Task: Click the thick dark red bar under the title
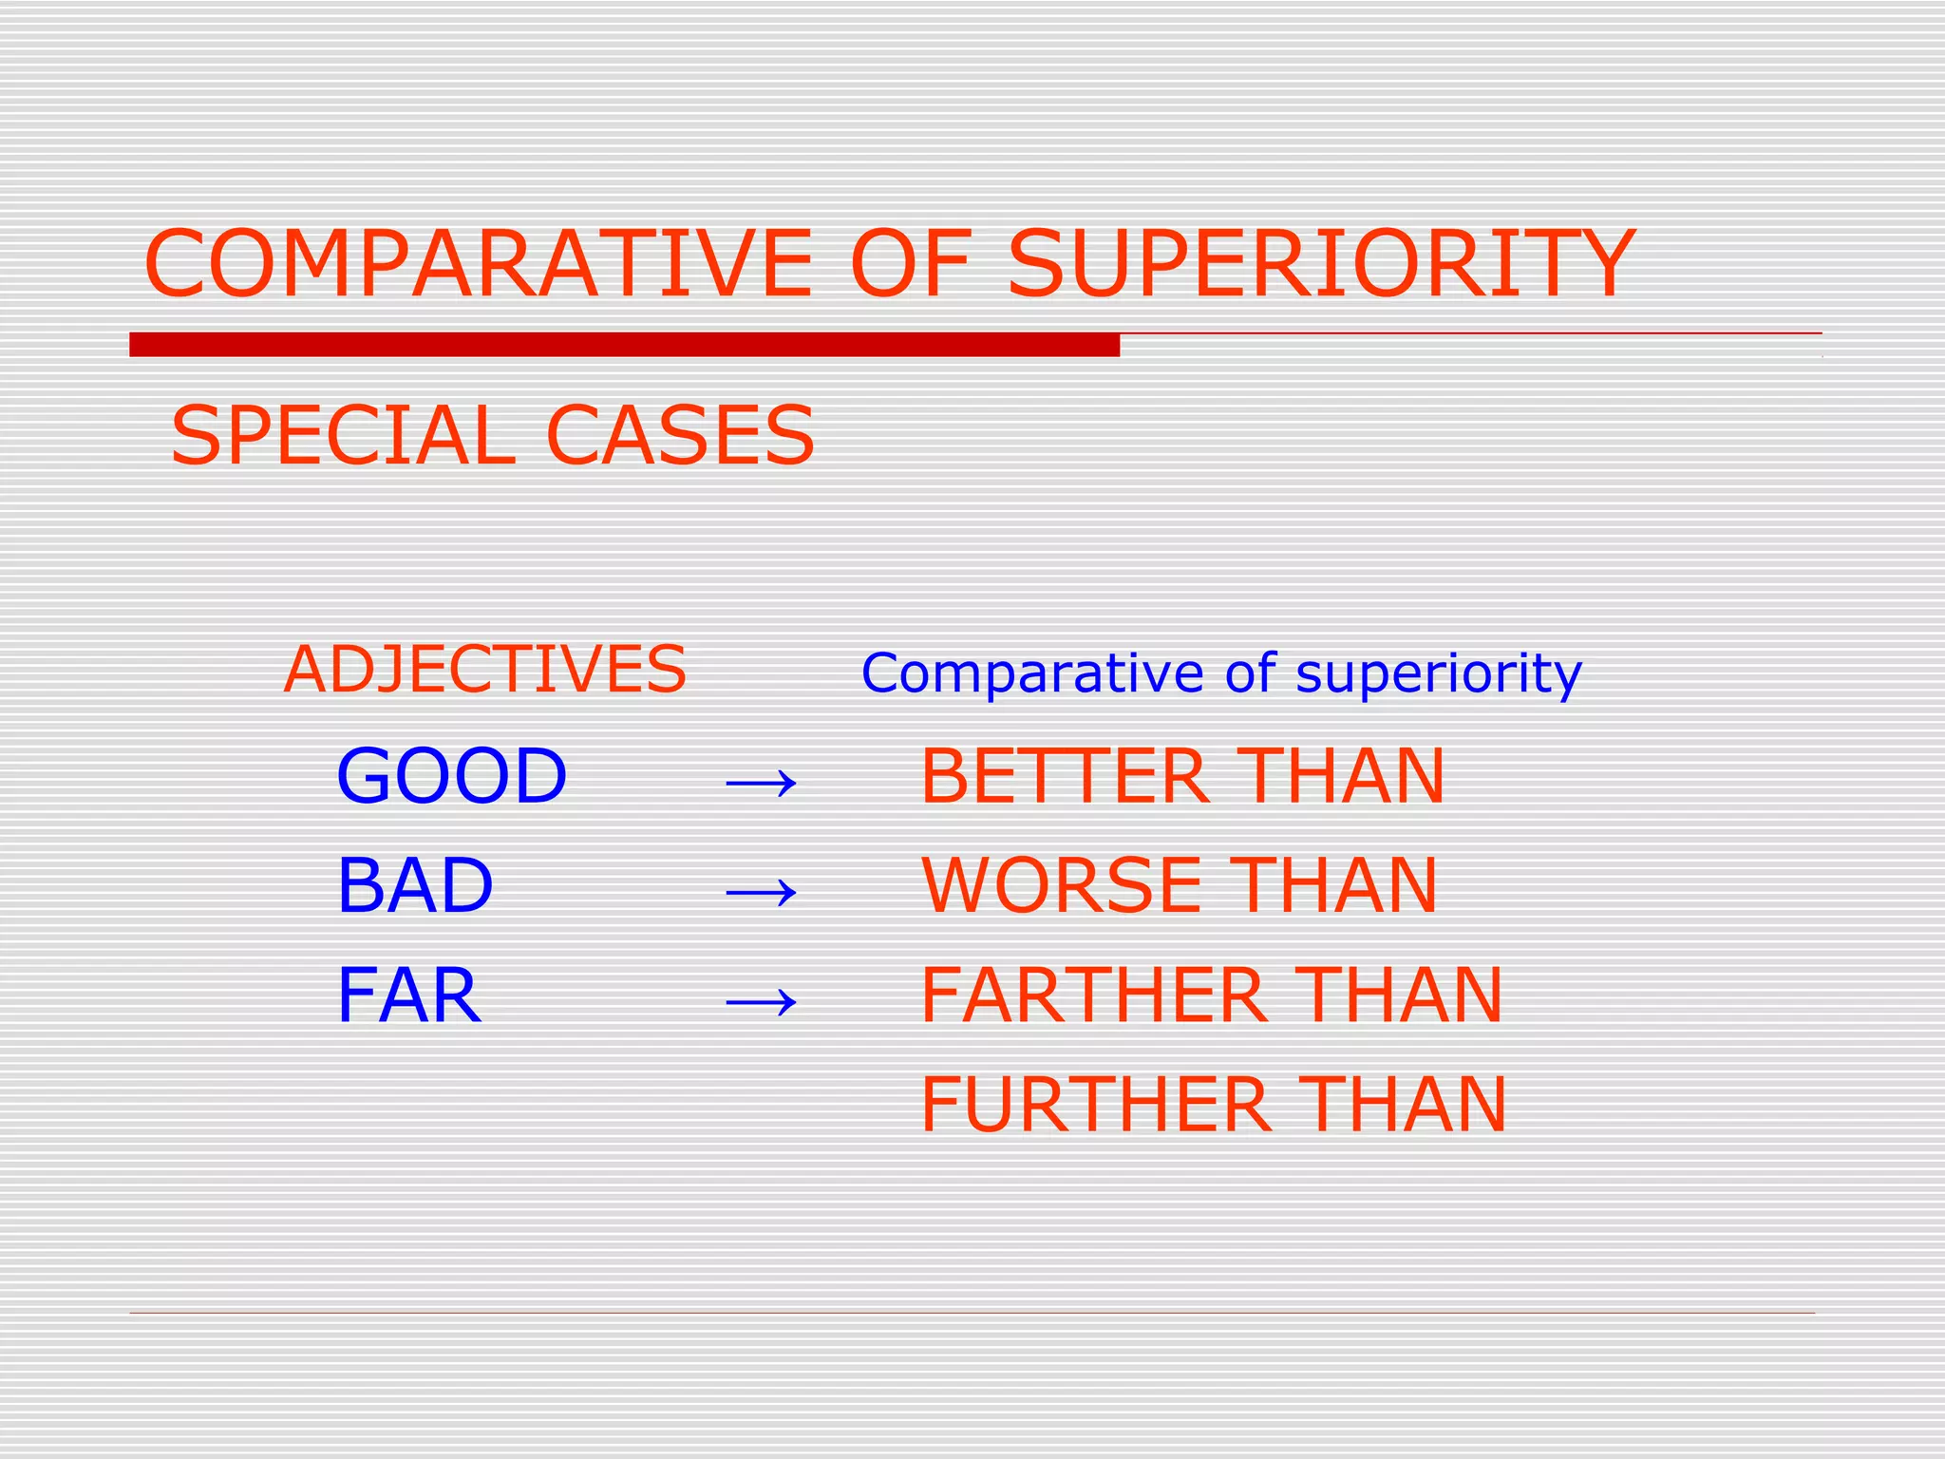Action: pyautogui.click(x=624, y=345)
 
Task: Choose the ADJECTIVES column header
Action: pyautogui.click(x=484, y=670)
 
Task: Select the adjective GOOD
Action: pyautogui.click(x=451, y=776)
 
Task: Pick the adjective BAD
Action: pyautogui.click(x=415, y=885)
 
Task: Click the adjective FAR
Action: pyautogui.click(x=408, y=995)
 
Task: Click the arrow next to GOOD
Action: pyautogui.click(x=761, y=784)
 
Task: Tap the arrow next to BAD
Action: pyautogui.click(x=761, y=892)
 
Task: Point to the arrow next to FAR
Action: pyautogui.click(x=761, y=1001)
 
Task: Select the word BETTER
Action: pyautogui.click(x=1065, y=776)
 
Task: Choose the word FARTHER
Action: pyautogui.click(x=1094, y=995)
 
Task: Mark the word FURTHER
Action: pyautogui.click(x=1096, y=1105)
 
